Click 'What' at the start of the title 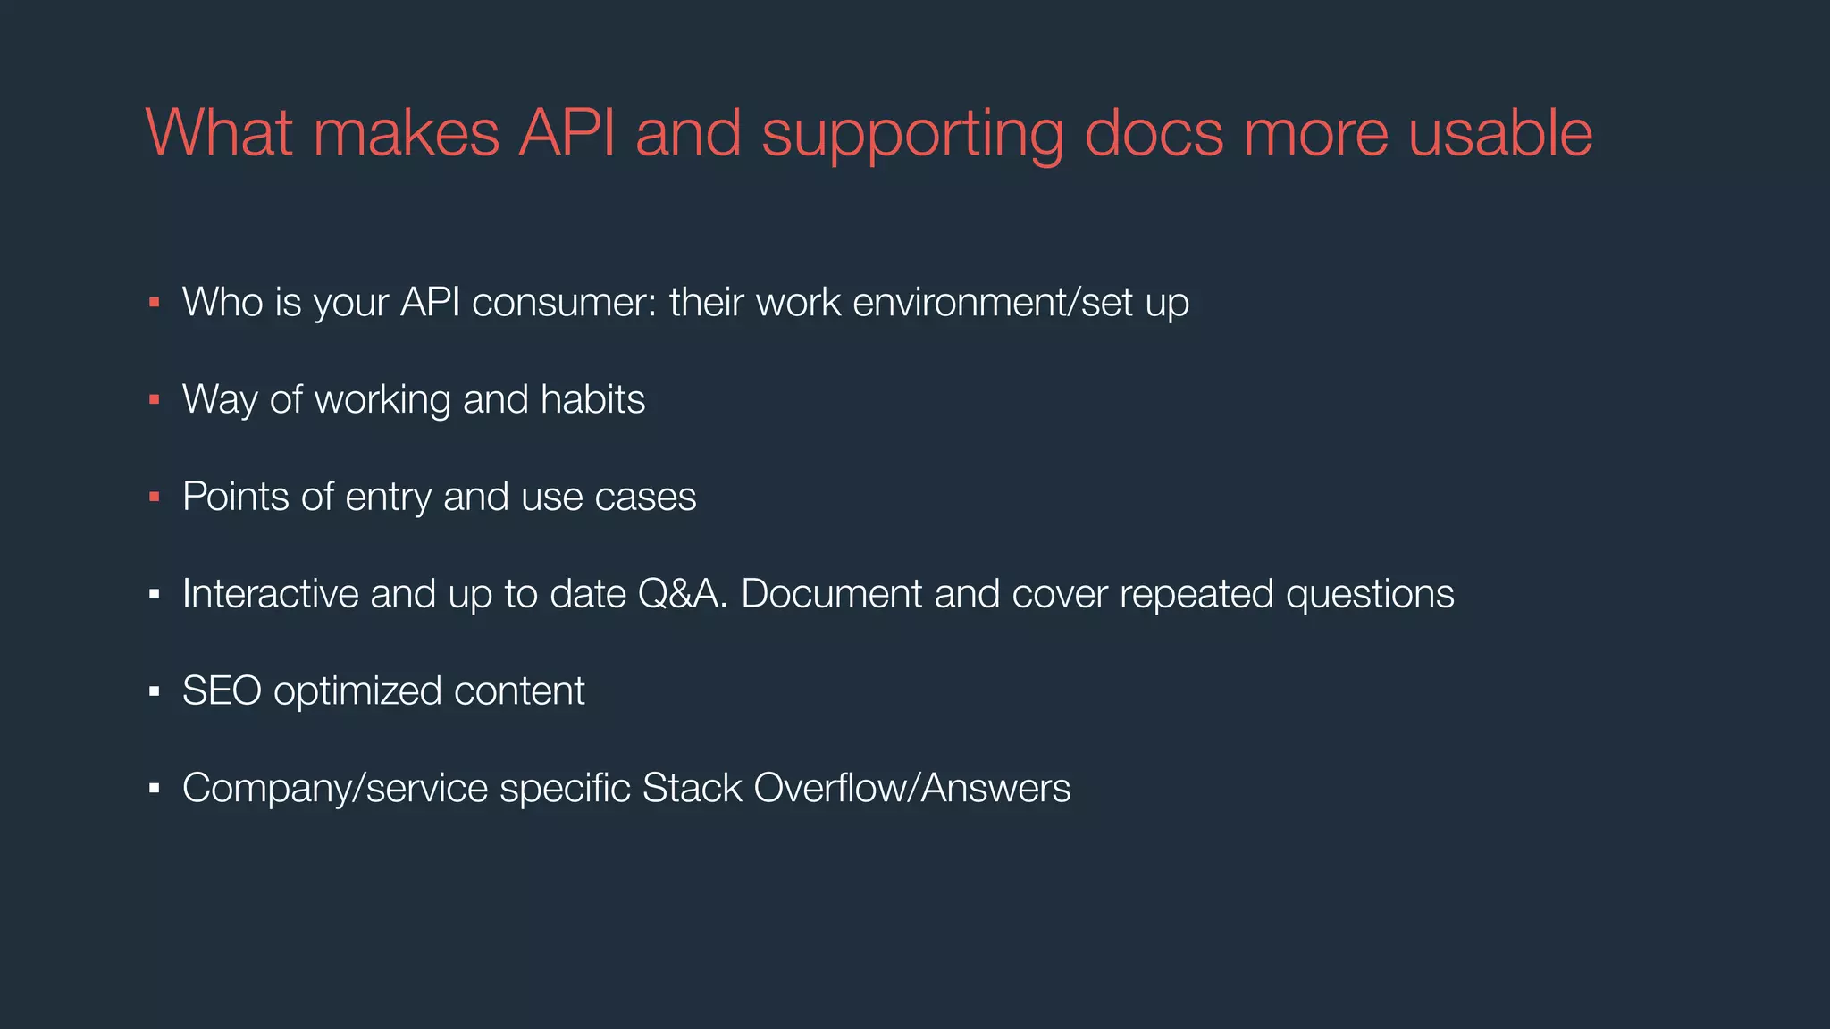[219, 133]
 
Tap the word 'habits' [592, 399]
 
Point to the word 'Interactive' [270, 594]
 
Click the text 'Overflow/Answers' [912, 789]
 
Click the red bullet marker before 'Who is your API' [154, 304]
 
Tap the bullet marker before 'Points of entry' [154, 498]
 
